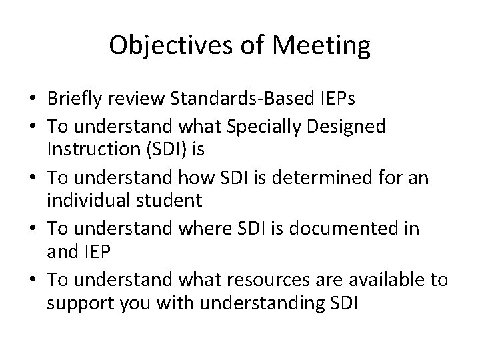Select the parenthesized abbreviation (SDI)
tap(163, 150)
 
